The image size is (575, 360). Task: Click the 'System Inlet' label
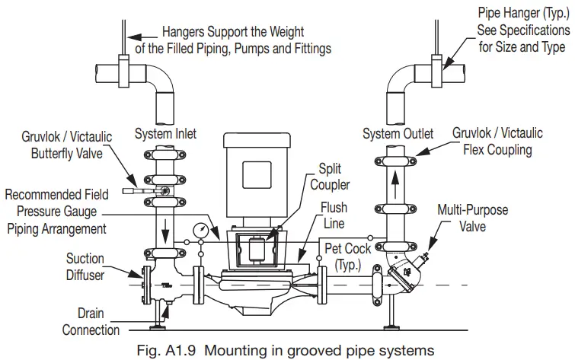[x=165, y=135]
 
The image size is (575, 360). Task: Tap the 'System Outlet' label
[x=398, y=135]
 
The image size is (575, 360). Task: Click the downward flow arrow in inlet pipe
[x=165, y=226]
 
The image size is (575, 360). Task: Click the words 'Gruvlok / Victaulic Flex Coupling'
[x=497, y=142]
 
